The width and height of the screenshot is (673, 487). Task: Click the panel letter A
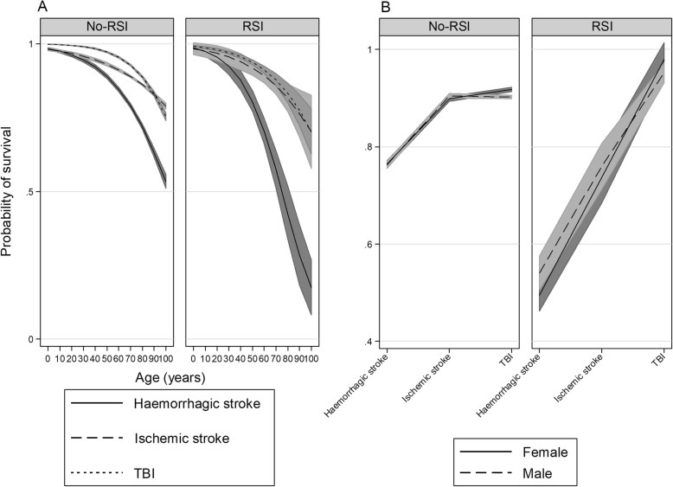click(x=6, y=7)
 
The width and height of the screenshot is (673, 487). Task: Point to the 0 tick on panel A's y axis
click(x=32, y=339)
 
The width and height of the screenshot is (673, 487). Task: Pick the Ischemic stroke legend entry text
click(x=181, y=439)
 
